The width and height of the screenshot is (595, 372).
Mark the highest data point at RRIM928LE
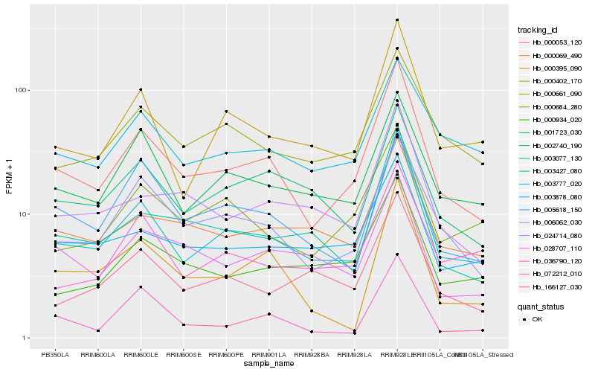[x=397, y=20]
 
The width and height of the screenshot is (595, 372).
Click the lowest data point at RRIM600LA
[x=97, y=330]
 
